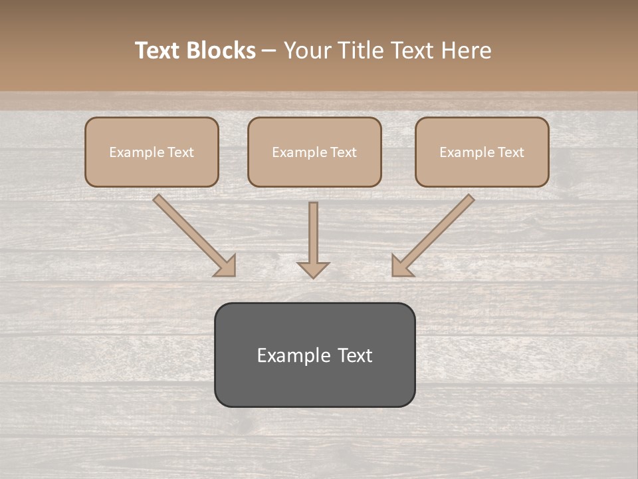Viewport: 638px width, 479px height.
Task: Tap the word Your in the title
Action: [310, 51]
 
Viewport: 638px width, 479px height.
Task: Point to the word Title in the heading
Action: [363, 51]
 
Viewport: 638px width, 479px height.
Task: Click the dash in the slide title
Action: [269, 51]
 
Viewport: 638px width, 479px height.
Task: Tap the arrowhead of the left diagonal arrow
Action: [226, 266]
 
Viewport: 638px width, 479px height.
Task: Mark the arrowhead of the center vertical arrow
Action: [313, 269]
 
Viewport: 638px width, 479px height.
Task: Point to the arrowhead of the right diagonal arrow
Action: [401, 266]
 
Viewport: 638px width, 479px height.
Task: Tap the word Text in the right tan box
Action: [510, 152]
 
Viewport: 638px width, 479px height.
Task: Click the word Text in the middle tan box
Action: [343, 152]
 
